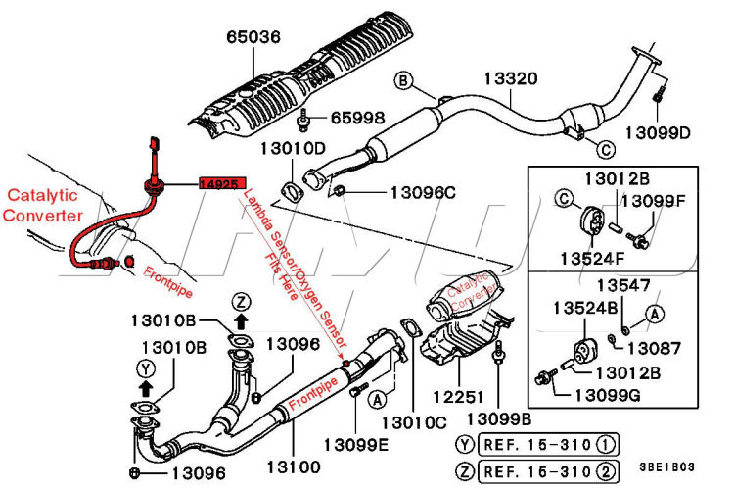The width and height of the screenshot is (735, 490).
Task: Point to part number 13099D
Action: coord(658,132)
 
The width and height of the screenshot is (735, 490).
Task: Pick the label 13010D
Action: coord(292,149)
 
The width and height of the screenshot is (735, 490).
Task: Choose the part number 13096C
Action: coord(423,192)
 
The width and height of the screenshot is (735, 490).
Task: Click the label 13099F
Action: coord(653,201)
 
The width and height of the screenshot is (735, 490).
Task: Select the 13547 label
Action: coord(625,285)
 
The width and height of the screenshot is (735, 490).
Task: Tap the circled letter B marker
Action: coord(404,79)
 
